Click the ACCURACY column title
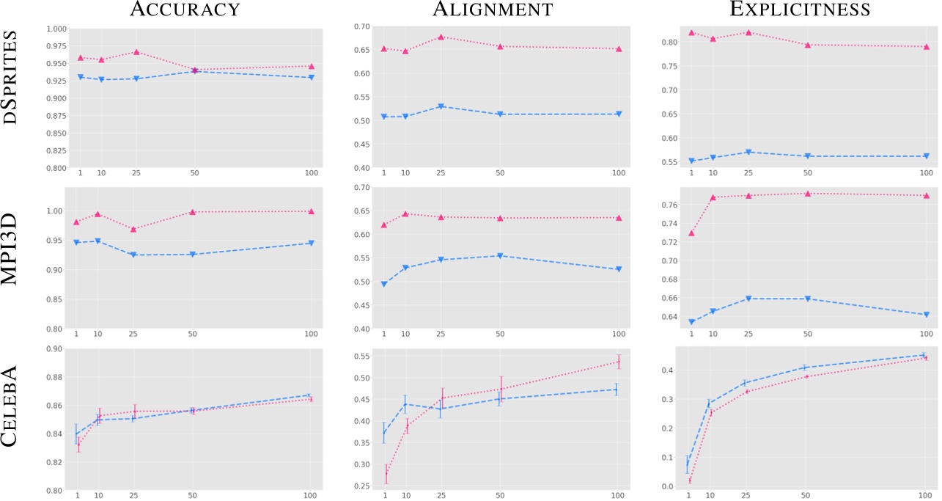click(x=185, y=10)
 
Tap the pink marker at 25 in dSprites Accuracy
click(x=136, y=52)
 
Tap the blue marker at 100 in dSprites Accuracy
click(x=312, y=77)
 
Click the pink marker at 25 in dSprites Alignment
click(x=441, y=37)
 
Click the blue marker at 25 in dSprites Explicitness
click(x=748, y=152)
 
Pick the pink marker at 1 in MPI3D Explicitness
click(x=691, y=233)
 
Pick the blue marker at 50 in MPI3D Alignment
click(x=500, y=256)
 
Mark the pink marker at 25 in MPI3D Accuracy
click(x=133, y=229)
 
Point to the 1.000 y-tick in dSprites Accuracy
click(x=56, y=29)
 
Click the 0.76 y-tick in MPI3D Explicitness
click(x=669, y=205)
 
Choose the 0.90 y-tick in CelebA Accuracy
click(x=54, y=348)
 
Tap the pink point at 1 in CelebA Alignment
click(x=386, y=474)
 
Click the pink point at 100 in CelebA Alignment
click(x=618, y=362)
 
